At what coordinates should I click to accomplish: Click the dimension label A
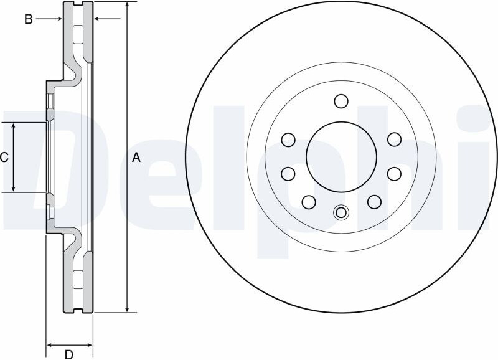(x=136, y=158)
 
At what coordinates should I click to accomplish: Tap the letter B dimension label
(x=29, y=19)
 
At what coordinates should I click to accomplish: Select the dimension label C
(x=4, y=158)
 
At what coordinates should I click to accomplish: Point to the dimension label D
(x=69, y=354)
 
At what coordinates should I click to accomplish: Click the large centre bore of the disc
(x=341, y=157)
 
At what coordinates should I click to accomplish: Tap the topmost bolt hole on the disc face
(x=341, y=102)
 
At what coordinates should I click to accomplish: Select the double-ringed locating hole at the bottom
(x=341, y=212)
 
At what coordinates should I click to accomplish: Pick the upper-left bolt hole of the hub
(x=288, y=140)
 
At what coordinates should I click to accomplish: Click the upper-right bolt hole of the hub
(x=395, y=140)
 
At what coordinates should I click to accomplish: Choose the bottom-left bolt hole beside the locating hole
(x=309, y=202)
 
